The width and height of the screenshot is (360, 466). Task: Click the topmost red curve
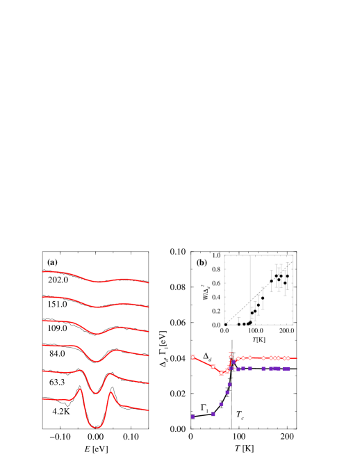(69, 273)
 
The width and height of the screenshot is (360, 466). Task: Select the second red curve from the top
(69, 298)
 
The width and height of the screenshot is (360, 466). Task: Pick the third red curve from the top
(69, 323)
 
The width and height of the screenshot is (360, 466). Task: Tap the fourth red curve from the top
(69, 346)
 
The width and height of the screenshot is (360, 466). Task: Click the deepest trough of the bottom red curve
(97, 427)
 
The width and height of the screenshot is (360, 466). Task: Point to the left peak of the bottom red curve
(81, 389)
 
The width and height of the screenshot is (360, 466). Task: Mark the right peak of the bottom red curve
(111, 393)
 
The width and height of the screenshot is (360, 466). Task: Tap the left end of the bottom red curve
(43, 399)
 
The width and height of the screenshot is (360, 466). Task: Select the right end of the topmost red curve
(149, 282)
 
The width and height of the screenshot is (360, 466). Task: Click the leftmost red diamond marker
(193, 357)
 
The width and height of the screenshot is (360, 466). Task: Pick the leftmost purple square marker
(193, 417)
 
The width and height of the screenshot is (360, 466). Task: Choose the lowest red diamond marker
(221, 373)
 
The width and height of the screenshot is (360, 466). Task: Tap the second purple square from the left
(213, 414)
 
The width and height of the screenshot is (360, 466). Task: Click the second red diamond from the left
(213, 367)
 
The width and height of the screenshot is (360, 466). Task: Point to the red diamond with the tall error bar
(231, 357)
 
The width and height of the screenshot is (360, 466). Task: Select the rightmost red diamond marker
(288, 358)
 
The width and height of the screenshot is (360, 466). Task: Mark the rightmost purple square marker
(288, 369)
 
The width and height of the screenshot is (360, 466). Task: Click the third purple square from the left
(221, 404)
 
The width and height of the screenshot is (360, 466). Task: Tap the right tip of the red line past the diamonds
(297, 358)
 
